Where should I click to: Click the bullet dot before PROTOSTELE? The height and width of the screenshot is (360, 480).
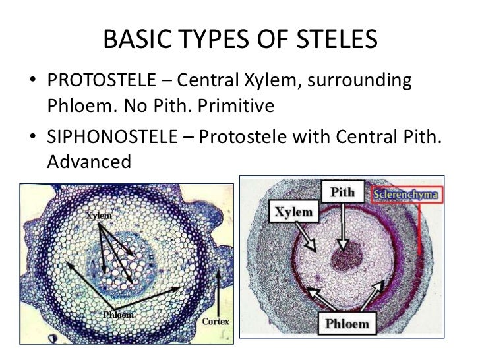[x=32, y=83]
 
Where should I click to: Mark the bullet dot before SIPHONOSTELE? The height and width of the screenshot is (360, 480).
[x=32, y=136]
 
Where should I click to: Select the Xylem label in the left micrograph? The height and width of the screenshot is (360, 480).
[x=98, y=216]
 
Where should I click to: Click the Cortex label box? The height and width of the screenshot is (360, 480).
[x=216, y=322]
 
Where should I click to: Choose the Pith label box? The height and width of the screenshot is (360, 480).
[x=342, y=193]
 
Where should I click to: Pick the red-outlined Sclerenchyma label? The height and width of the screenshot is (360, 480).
[x=407, y=195]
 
